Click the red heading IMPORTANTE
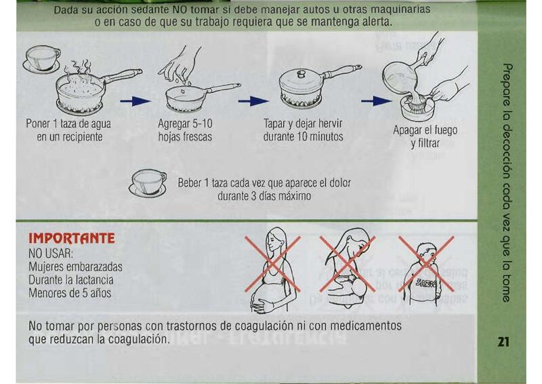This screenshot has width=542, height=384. (x=72, y=238)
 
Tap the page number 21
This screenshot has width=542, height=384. (x=503, y=342)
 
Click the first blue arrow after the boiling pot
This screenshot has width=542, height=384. (x=135, y=102)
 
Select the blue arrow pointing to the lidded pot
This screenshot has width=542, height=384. (x=253, y=102)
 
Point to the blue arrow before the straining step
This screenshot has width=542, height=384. (x=377, y=102)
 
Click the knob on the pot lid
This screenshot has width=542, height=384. (x=301, y=74)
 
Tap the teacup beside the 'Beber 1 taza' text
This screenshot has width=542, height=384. (x=148, y=183)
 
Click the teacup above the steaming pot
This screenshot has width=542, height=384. (x=42, y=59)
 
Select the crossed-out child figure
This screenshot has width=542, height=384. (x=427, y=273)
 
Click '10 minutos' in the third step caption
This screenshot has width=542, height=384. (x=320, y=136)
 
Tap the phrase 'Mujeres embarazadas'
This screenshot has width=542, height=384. (x=75, y=267)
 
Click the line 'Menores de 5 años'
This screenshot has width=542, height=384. (x=70, y=293)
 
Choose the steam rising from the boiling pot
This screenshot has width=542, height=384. (x=80, y=72)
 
